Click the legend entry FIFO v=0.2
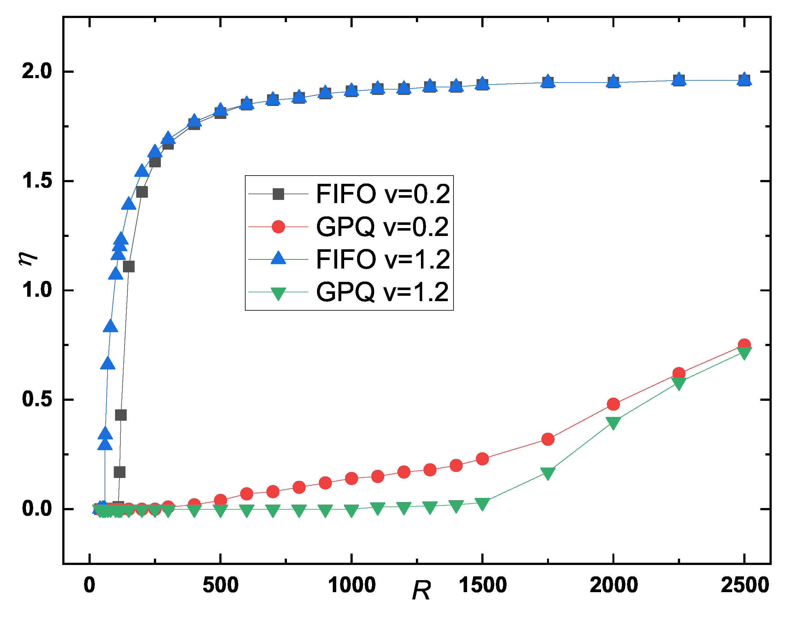click(x=382, y=194)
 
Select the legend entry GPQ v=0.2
click(x=382, y=227)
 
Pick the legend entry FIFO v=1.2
click(x=382, y=259)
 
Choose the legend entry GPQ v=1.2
click(x=382, y=292)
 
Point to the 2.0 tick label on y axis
click(x=37, y=71)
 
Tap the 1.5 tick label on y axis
click(x=37, y=180)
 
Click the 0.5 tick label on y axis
click(x=37, y=399)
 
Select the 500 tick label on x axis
click(x=221, y=585)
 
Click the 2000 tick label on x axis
click(x=613, y=585)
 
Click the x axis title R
click(x=421, y=591)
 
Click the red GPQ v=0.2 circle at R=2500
click(x=744, y=345)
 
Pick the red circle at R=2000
click(x=613, y=404)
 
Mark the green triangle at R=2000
click(x=613, y=423)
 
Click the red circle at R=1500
click(x=482, y=459)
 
